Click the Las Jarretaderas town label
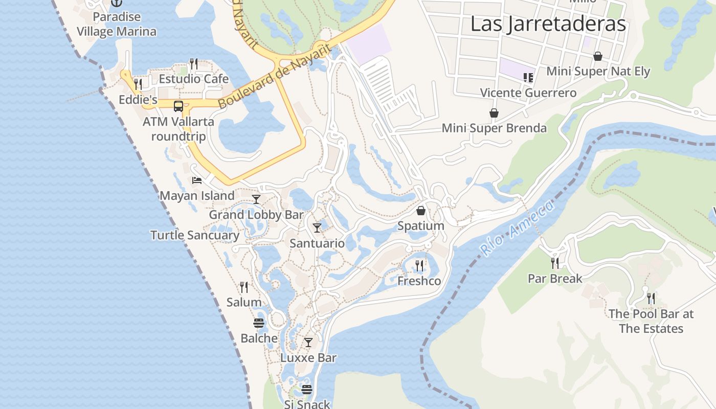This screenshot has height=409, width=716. pyautogui.click(x=548, y=24)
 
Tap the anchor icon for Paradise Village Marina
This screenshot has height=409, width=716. pyautogui.click(x=117, y=3)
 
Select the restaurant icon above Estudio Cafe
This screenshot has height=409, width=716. pyautogui.click(x=194, y=64)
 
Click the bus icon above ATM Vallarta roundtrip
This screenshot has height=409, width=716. pyautogui.click(x=178, y=106)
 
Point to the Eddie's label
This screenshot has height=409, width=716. pyautogui.click(x=138, y=100)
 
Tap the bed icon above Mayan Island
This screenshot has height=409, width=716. pyautogui.click(x=197, y=180)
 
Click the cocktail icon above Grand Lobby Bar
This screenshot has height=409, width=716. pyautogui.click(x=256, y=199)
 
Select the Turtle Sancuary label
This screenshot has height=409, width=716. pyautogui.click(x=195, y=235)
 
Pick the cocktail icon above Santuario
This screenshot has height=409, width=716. pyautogui.click(x=317, y=228)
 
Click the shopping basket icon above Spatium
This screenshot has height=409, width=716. pyautogui.click(x=421, y=210)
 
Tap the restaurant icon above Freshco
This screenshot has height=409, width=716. pyautogui.click(x=419, y=265)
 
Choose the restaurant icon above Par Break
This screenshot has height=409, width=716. pyautogui.click(x=555, y=263)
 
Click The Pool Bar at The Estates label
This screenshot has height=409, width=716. pyautogui.click(x=651, y=321)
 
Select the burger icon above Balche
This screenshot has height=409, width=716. pyautogui.click(x=259, y=323)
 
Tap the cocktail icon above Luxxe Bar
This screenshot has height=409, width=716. pyautogui.click(x=308, y=342)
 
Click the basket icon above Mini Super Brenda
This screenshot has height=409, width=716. pyautogui.click(x=494, y=112)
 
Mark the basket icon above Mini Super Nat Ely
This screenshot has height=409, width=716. pyautogui.click(x=597, y=56)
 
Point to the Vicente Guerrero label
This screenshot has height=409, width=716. pyautogui.click(x=528, y=93)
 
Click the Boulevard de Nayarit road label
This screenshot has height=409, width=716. pyautogui.click(x=274, y=77)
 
